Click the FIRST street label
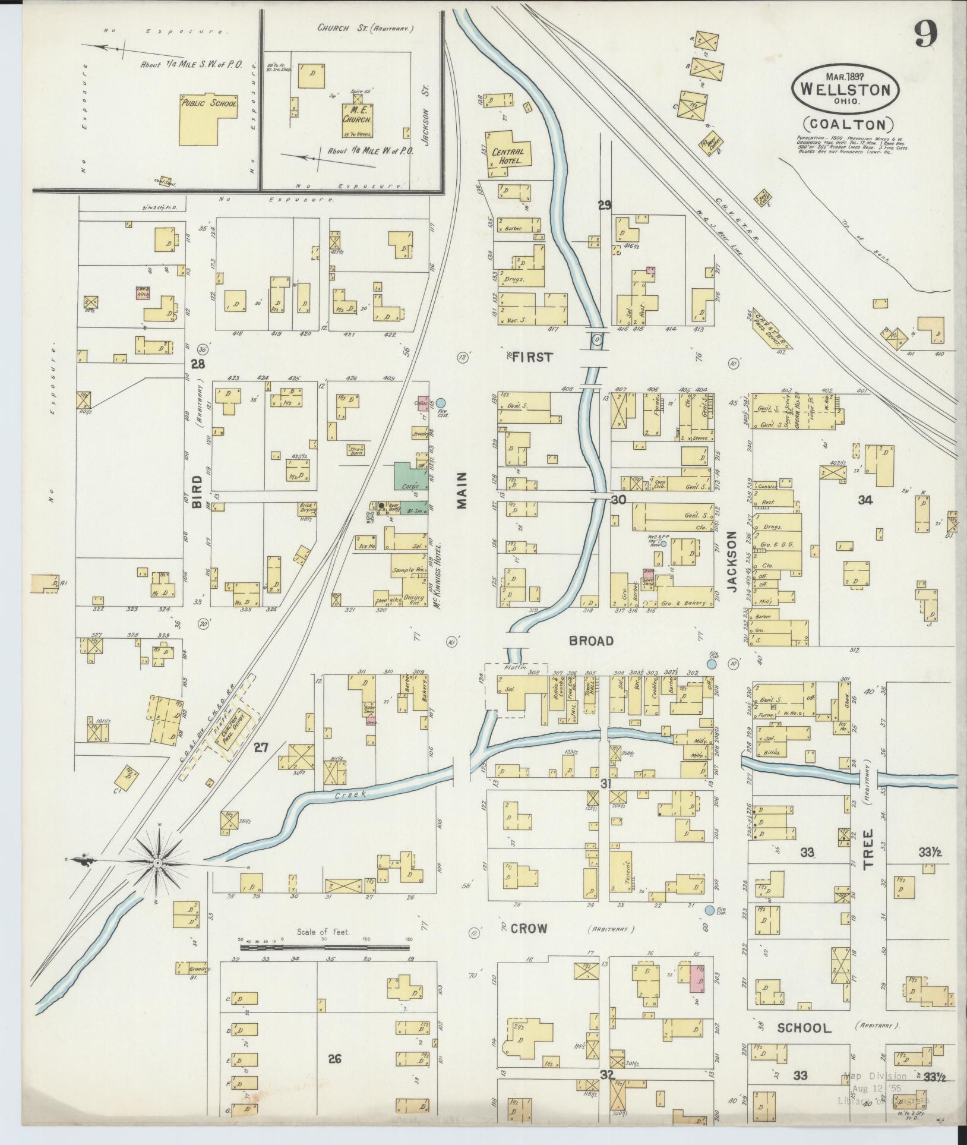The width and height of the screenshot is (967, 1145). (532, 357)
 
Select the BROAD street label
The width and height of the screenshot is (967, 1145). (590, 641)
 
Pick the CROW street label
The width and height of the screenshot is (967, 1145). (528, 928)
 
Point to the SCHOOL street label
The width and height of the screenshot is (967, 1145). (804, 1028)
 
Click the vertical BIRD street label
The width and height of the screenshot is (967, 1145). (197, 491)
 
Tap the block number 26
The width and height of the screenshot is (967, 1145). (334, 1058)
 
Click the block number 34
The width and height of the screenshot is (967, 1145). (864, 500)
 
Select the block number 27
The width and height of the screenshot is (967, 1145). (261, 747)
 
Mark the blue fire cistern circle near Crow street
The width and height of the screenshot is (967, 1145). (710, 910)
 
